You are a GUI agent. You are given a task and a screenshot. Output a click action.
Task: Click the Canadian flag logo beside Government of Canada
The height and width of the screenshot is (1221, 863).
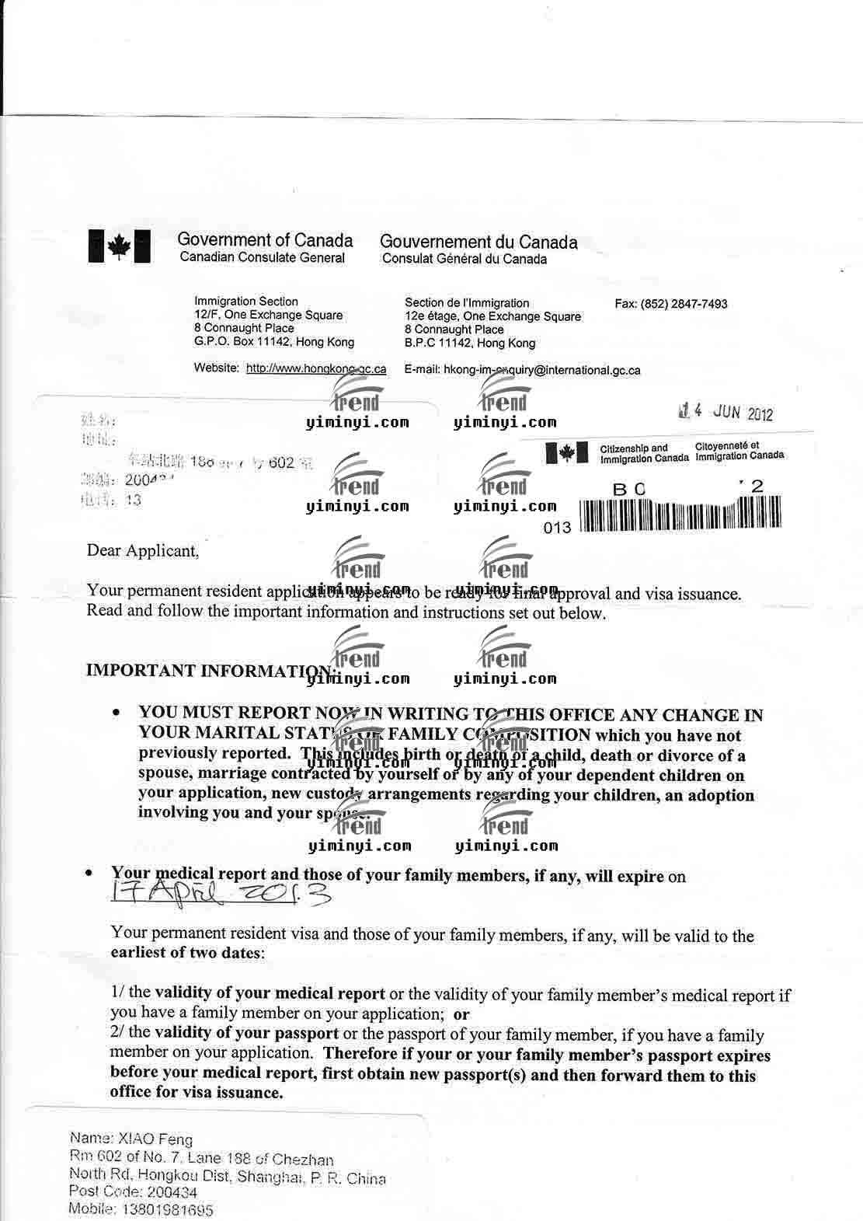click(x=118, y=247)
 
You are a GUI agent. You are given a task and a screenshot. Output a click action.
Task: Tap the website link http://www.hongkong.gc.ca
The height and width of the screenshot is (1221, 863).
click(x=315, y=368)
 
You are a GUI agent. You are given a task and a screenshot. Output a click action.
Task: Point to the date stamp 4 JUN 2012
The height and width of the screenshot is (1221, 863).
click(x=726, y=412)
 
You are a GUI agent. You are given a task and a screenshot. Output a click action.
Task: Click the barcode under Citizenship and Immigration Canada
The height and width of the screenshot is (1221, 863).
click(x=680, y=514)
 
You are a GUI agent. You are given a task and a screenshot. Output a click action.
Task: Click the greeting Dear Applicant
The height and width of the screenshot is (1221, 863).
click(x=143, y=551)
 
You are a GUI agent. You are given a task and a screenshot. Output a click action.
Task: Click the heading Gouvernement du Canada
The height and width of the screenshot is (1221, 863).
click(x=478, y=242)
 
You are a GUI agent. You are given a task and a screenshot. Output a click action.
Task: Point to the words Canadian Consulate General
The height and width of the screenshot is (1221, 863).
click(x=262, y=257)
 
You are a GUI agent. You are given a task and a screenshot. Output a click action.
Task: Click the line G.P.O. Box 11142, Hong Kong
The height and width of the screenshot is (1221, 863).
click(x=273, y=342)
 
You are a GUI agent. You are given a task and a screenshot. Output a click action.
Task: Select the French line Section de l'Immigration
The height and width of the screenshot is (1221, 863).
click(x=466, y=302)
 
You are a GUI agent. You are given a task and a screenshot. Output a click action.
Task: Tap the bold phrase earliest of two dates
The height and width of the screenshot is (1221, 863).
click(x=187, y=953)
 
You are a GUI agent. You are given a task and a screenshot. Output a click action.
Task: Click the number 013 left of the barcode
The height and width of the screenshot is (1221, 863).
click(x=558, y=528)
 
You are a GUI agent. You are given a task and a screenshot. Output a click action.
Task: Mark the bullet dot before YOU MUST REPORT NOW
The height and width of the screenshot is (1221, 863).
click(x=117, y=712)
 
